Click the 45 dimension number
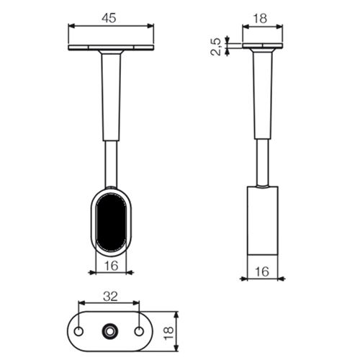tap(109, 18)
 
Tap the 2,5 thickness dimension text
tap(216, 47)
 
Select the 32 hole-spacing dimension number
tap(110, 297)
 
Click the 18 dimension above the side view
tap(260, 19)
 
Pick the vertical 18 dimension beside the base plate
tap(168, 333)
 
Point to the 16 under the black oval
tap(112, 266)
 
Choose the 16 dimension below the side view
tap(262, 271)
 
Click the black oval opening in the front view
tap(111, 222)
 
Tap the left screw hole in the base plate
tap(78, 331)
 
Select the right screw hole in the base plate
tap(139, 331)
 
